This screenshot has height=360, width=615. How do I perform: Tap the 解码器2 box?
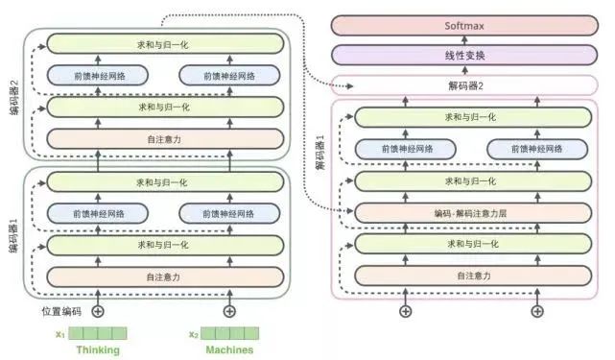click(463, 85)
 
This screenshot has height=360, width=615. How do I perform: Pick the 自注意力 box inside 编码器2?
click(164, 138)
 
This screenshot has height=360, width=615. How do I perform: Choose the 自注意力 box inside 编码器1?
click(164, 276)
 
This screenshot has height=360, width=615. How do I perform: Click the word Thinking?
click(98, 350)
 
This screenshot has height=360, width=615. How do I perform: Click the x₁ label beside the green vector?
click(60, 334)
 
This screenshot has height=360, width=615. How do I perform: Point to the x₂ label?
click(193, 334)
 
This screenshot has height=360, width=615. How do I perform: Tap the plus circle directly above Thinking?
click(97, 311)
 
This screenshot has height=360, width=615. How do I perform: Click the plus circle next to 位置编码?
click(97, 311)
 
